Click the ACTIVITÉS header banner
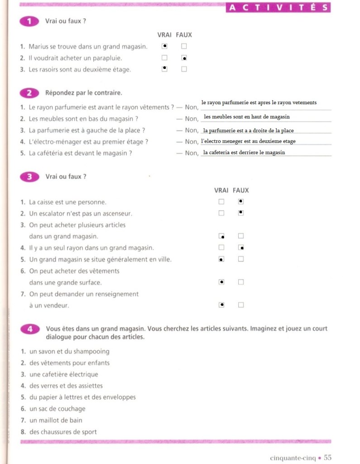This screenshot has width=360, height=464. click(x=278, y=7)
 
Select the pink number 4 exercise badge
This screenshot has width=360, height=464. click(x=29, y=329)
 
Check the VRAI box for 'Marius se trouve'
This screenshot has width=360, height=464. click(x=165, y=46)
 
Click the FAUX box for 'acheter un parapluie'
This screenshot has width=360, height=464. click(x=184, y=58)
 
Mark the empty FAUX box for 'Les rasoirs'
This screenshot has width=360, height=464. click(x=184, y=69)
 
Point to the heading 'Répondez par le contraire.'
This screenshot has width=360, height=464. click(x=84, y=93)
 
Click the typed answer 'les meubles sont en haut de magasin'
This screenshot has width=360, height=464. click(x=247, y=117)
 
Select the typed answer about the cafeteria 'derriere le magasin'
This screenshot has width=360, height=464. click(x=244, y=152)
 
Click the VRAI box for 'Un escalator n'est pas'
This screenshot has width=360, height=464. click(x=221, y=213)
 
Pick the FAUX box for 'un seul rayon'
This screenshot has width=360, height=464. click(x=241, y=247)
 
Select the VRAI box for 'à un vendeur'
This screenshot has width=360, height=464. click(x=221, y=305)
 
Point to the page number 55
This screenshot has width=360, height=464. click(x=328, y=458)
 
